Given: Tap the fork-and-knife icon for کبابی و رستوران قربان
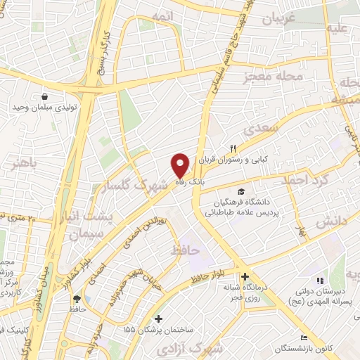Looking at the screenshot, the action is coord(232,148).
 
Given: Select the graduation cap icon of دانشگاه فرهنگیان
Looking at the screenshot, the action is coord(241,192).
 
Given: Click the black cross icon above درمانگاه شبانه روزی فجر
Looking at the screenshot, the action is coord(245,276).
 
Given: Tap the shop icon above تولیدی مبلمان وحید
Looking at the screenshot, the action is coord(45,97).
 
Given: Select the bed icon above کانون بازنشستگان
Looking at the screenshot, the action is coord(303,339).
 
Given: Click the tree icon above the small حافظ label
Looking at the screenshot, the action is coord(76,298).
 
